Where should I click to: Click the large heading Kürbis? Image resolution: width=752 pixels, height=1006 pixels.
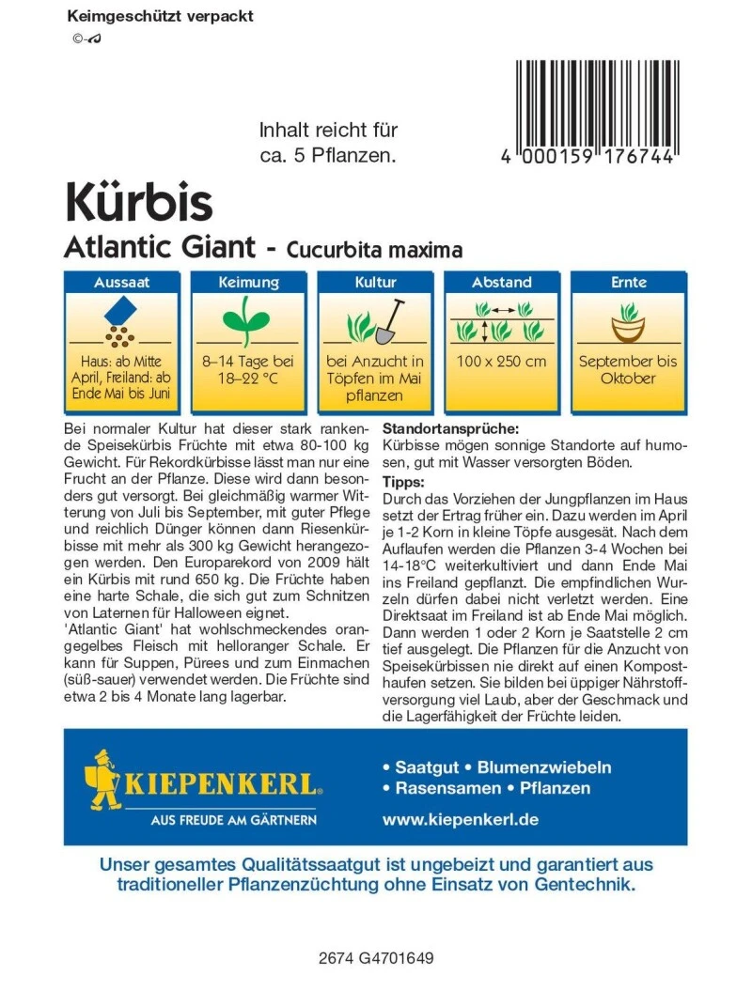[x=138, y=202]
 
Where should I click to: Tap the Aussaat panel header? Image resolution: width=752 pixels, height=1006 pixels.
[x=122, y=282]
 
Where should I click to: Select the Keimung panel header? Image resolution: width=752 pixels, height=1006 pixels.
[x=248, y=282]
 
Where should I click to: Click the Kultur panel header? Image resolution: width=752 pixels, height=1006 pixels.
[x=375, y=282]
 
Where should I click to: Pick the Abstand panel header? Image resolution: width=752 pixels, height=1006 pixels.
[x=502, y=282]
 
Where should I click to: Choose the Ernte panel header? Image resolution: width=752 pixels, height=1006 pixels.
[x=628, y=282]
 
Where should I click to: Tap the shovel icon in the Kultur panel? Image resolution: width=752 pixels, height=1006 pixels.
[x=389, y=321]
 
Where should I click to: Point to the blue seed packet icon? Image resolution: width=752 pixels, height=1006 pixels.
[x=122, y=310]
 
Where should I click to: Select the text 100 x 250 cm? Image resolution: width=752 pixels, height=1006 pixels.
[x=502, y=362]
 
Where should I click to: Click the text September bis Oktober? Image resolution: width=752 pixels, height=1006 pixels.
[x=628, y=369]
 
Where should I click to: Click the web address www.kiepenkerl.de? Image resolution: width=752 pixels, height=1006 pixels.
[x=460, y=819]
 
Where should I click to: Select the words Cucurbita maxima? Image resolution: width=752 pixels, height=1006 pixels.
[x=374, y=250]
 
